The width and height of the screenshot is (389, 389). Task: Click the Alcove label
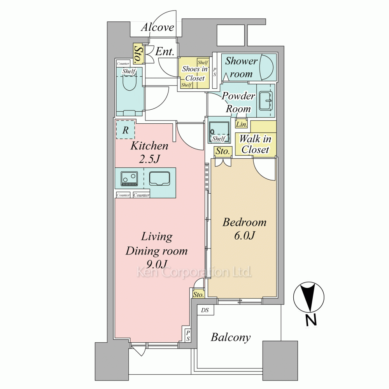(158, 27)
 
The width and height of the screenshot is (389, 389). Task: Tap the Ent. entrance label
(165, 52)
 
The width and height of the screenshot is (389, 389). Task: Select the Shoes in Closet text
(195, 74)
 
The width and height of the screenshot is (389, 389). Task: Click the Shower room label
(241, 67)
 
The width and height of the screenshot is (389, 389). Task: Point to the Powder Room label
(238, 102)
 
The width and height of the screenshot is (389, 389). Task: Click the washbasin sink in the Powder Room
(266, 101)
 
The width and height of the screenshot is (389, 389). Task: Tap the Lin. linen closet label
(242, 124)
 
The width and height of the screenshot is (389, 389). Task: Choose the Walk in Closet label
(255, 144)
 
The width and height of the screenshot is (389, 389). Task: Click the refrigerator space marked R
(126, 130)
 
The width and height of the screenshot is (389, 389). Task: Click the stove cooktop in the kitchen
(129, 179)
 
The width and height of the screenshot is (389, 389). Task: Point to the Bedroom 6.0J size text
(244, 229)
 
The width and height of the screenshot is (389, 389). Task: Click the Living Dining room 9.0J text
(156, 250)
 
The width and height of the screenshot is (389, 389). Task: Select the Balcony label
(231, 337)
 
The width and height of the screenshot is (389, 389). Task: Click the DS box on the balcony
(205, 310)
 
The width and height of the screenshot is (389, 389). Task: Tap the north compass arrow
(308, 297)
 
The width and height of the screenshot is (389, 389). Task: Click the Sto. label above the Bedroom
(222, 151)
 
